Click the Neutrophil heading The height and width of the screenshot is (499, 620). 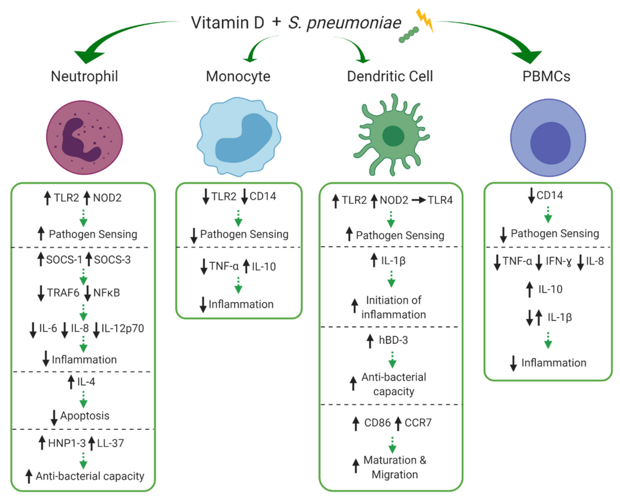tap(84, 76)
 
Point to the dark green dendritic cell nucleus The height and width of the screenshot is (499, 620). tap(393, 136)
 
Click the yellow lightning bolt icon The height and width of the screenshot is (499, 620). tap(424, 20)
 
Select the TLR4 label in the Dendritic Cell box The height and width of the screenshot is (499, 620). tap(440, 200)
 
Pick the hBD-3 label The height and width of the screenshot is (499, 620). tap(393, 340)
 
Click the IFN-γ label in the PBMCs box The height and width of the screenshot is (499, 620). tap(558, 261)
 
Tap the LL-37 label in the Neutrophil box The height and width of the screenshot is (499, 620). tap(110, 443)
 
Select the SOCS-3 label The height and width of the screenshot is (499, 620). tap(112, 260)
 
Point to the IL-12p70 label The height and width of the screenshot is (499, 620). tap(123, 328)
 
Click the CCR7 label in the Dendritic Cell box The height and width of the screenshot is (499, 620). tap(418, 423)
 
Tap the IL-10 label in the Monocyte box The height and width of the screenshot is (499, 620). tap(264, 267)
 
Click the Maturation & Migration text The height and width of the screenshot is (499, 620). tap(395, 467)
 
